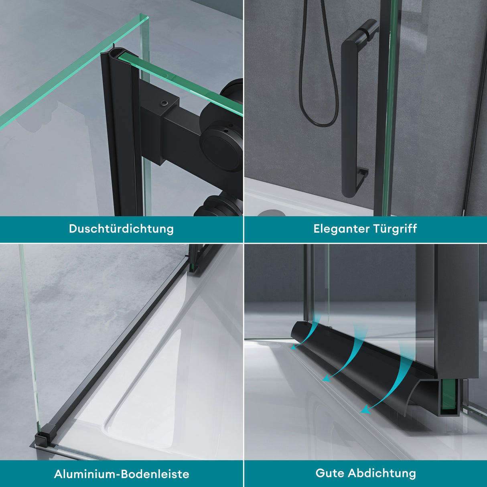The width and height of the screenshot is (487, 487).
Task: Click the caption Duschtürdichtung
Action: [x=121, y=229]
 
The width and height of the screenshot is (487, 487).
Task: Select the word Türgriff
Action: [x=395, y=229]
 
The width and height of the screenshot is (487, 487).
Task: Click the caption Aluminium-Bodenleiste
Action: [x=121, y=474]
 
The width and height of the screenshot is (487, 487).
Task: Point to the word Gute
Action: [x=330, y=473]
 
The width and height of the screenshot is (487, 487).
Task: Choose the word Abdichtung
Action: [x=381, y=473]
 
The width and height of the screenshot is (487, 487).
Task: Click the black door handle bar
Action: [x=349, y=120]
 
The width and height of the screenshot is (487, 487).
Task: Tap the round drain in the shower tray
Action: [x=270, y=213]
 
